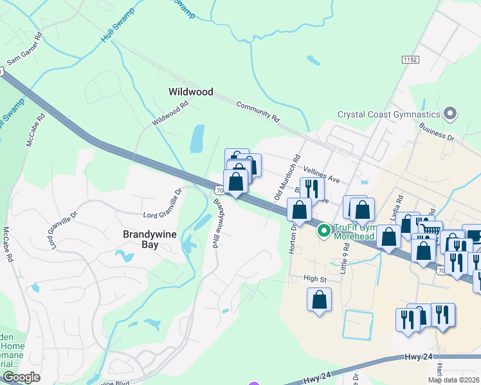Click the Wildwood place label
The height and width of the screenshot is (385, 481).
tap(190, 92)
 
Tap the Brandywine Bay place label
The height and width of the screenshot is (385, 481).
tap(149, 240)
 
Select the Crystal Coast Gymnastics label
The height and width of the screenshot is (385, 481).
tap(389, 115)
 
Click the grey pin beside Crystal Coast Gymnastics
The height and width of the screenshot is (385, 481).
tap(450, 115)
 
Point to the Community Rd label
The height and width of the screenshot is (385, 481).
tap(259, 111)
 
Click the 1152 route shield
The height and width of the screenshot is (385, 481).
tap(410, 59)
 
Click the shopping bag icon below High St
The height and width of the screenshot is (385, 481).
tap(320, 299)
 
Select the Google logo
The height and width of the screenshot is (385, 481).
tap(21, 377)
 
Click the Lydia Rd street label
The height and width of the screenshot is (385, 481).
tap(399, 205)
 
